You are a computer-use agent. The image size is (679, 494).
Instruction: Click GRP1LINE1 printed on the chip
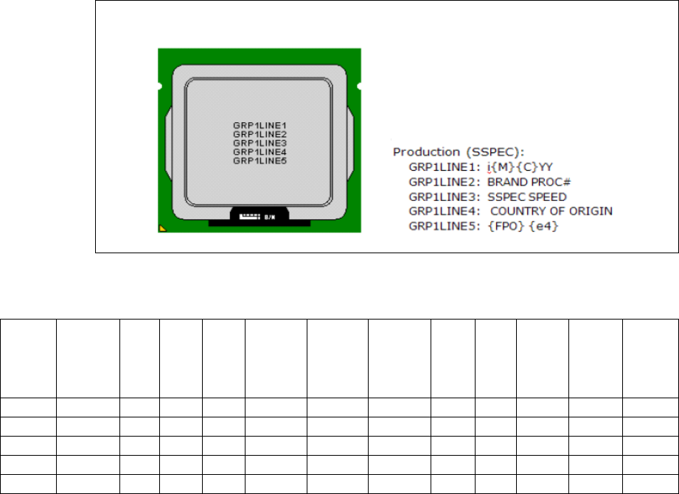260,126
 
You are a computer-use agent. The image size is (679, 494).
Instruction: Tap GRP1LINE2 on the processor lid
260,135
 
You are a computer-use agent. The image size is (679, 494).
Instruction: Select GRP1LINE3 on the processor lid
260,143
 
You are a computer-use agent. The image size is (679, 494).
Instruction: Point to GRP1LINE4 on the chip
260,152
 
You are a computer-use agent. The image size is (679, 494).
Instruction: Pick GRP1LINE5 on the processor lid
260,160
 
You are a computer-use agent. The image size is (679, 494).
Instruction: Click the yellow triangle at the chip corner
163,229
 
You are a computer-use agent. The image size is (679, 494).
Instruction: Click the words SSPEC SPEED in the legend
526,197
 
